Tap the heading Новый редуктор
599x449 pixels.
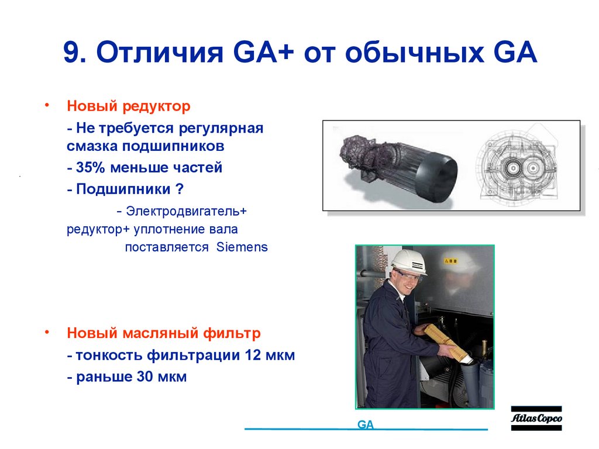128,107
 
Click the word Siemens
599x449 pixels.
242,247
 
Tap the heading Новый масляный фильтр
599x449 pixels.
163,333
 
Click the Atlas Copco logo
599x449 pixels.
536,419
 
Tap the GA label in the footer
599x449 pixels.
366,425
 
